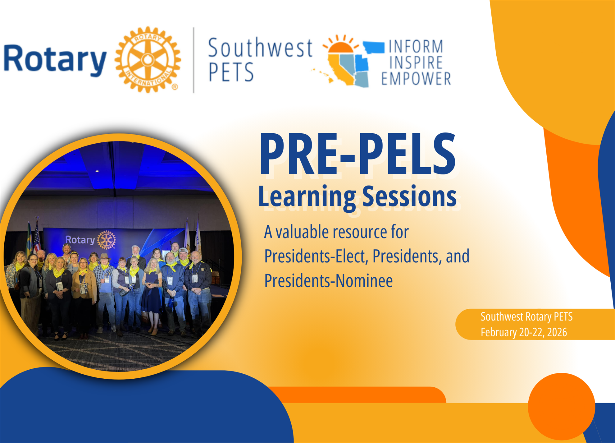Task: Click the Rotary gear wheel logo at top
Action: tap(148, 60)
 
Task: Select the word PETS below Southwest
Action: tap(231, 72)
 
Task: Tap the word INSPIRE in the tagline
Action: tap(416, 62)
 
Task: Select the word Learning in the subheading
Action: tap(307, 197)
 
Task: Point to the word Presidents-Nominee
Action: tap(328, 280)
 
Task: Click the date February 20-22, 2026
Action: tap(524, 332)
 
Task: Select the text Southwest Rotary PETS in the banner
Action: tap(526, 316)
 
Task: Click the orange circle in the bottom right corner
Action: tap(562, 407)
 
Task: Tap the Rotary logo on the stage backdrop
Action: tap(90, 240)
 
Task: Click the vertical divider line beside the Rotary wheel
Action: tap(194, 60)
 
